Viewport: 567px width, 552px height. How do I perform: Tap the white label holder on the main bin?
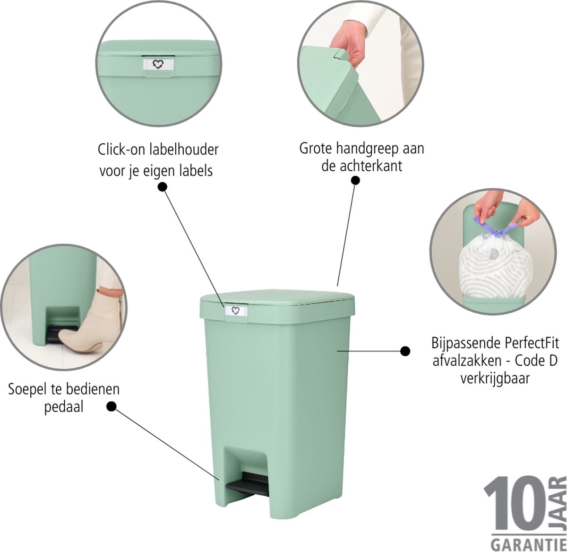pyautogui.click(x=235, y=310)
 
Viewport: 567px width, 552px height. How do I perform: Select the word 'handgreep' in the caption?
pyautogui.click(x=367, y=149)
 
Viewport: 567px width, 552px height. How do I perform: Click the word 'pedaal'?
pyautogui.click(x=64, y=407)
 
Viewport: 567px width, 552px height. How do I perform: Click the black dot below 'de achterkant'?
pyautogui.click(x=355, y=180)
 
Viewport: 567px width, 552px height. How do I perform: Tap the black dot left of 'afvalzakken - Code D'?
pyautogui.click(x=405, y=351)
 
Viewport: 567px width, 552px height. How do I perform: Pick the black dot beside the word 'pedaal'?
pyautogui.click(x=111, y=406)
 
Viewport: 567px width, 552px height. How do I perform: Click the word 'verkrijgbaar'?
pyautogui.click(x=495, y=379)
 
